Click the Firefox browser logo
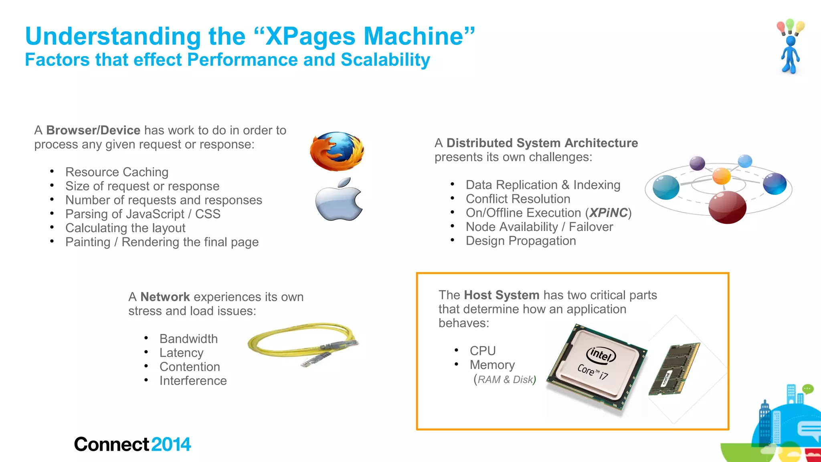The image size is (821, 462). pyautogui.click(x=337, y=152)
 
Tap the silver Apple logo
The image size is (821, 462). pyautogui.click(x=339, y=200)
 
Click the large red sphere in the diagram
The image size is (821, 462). pyautogui.click(x=727, y=207)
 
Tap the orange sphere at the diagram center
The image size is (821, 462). pyautogui.click(x=722, y=176)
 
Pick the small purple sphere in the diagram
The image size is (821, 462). pyautogui.click(x=697, y=163)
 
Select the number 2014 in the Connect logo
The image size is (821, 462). pyautogui.click(x=171, y=444)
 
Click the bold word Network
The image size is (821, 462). pyautogui.click(x=165, y=297)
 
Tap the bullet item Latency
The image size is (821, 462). pyautogui.click(x=181, y=353)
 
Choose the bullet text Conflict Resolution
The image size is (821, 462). pyautogui.click(x=518, y=199)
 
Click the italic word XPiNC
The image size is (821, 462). pyautogui.click(x=608, y=213)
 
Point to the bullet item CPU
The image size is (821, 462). pyautogui.click(x=483, y=351)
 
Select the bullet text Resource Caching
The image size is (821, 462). pyautogui.click(x=117, y=172)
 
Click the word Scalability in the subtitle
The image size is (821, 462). pyautogui.click(x=385, y=60)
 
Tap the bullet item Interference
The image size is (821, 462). pyautogui.click(x=193, y=381)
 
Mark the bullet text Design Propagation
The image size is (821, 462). pyautogui.click(x=521, y=241)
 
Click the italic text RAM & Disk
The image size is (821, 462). pyautogui.click(x=505, y=379)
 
